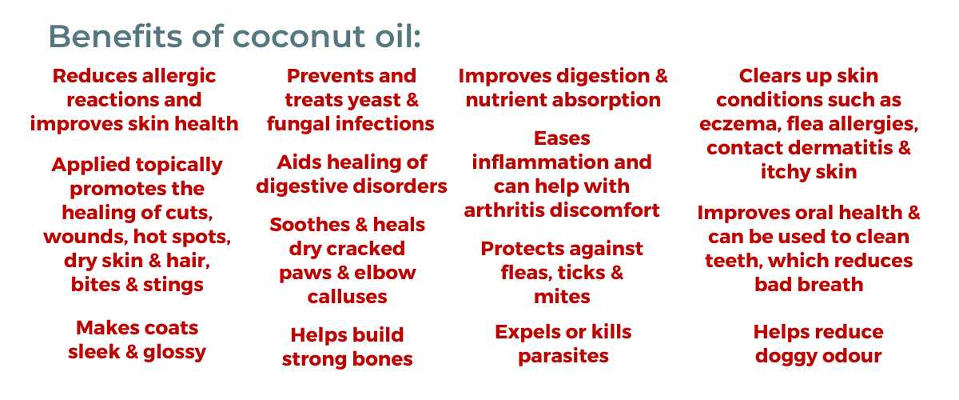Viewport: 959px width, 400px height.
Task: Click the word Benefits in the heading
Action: tap(116, 36)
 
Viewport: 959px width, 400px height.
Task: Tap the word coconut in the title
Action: tap(299, 37)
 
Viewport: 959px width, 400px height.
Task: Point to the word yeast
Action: tap(373, 101)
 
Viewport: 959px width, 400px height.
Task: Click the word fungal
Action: tap(298, 125)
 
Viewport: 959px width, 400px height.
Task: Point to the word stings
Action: tap(173, 286)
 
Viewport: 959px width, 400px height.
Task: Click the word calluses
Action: tap(347, 297)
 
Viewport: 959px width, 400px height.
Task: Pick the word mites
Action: tap(562, 297)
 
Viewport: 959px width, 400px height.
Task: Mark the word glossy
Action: tap(174, 353)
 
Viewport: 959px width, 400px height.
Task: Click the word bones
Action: tap(382, 359)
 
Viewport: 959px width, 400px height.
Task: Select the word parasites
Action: tap(563, 357)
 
